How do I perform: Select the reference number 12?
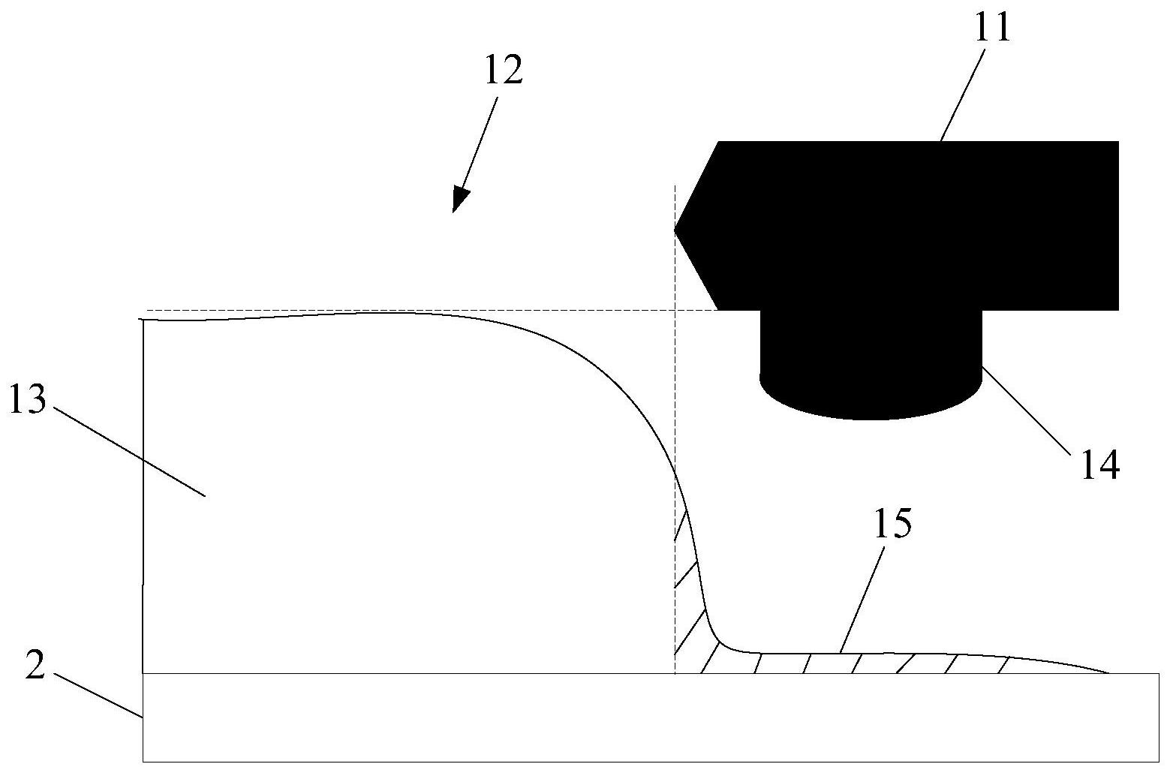coord(504,70)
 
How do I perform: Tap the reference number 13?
coord(29,398)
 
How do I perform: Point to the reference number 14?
coord(1100,465)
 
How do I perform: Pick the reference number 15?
coord(892,522)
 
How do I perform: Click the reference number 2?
coord(35,666)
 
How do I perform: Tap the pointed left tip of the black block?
coord(675,230)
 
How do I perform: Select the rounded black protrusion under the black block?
coord(871,365)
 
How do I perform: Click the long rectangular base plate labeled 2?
coord(651,717)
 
